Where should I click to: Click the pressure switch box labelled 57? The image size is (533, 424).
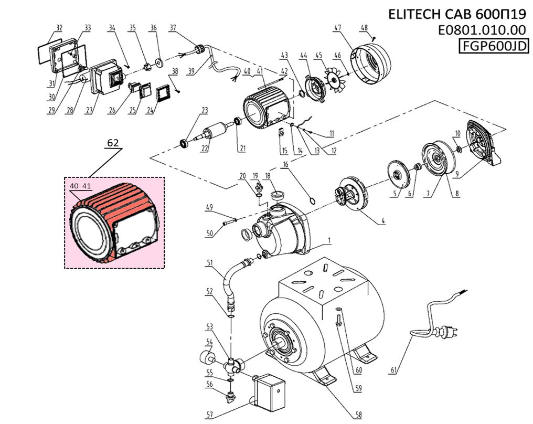[x=270, y=391]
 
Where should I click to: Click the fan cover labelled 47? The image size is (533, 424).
[x=372, y=63]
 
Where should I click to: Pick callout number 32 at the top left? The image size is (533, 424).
[x=59, y=27]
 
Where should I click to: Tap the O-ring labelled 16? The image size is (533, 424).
[x=312, y=200]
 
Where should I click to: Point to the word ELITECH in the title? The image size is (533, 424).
[x=414, y=15]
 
